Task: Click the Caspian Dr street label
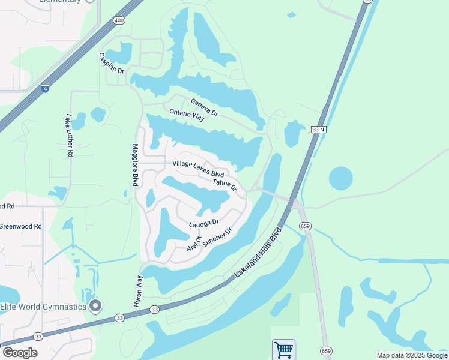[x=112, y=63]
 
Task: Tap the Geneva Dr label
[x=204, y=107]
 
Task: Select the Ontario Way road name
[x=187, y=115]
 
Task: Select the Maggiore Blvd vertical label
[x=136, y=164]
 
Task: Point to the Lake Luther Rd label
[x=70, y=135]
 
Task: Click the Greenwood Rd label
[x=21, y=226]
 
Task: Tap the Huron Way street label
[x=138, y=292]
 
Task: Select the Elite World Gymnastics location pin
[x=95, y=307]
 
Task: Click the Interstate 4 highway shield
[x=45, y=88]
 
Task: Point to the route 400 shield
[x=118, y=20]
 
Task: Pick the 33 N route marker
[x=319, y=129]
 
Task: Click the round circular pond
[x=340, y=178]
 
